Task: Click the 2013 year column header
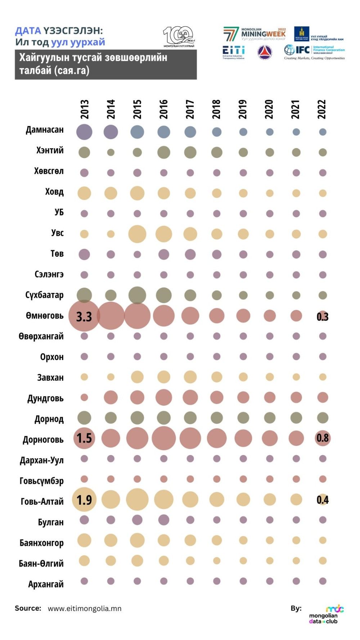click(84, 109)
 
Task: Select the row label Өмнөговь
click(45, 316)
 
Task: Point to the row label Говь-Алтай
click(42, 501)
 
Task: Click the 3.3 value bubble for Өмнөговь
click(84, 316)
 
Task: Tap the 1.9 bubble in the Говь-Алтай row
click(84, 500)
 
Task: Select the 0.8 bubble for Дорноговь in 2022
click(323, 438)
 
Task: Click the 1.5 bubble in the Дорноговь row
click(84, 438)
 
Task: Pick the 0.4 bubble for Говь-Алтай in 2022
click(323, 500)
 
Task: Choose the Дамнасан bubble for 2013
click(84, 132)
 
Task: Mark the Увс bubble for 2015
click(137, 234)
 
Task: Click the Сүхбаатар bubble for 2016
click(164, 295)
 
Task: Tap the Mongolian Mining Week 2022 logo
click(255, 34)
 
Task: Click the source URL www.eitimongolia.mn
click(85, 608)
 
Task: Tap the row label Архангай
click(46, 584)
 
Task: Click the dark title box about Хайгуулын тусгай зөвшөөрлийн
click(105, 64)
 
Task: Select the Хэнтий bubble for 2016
click(164, 152)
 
